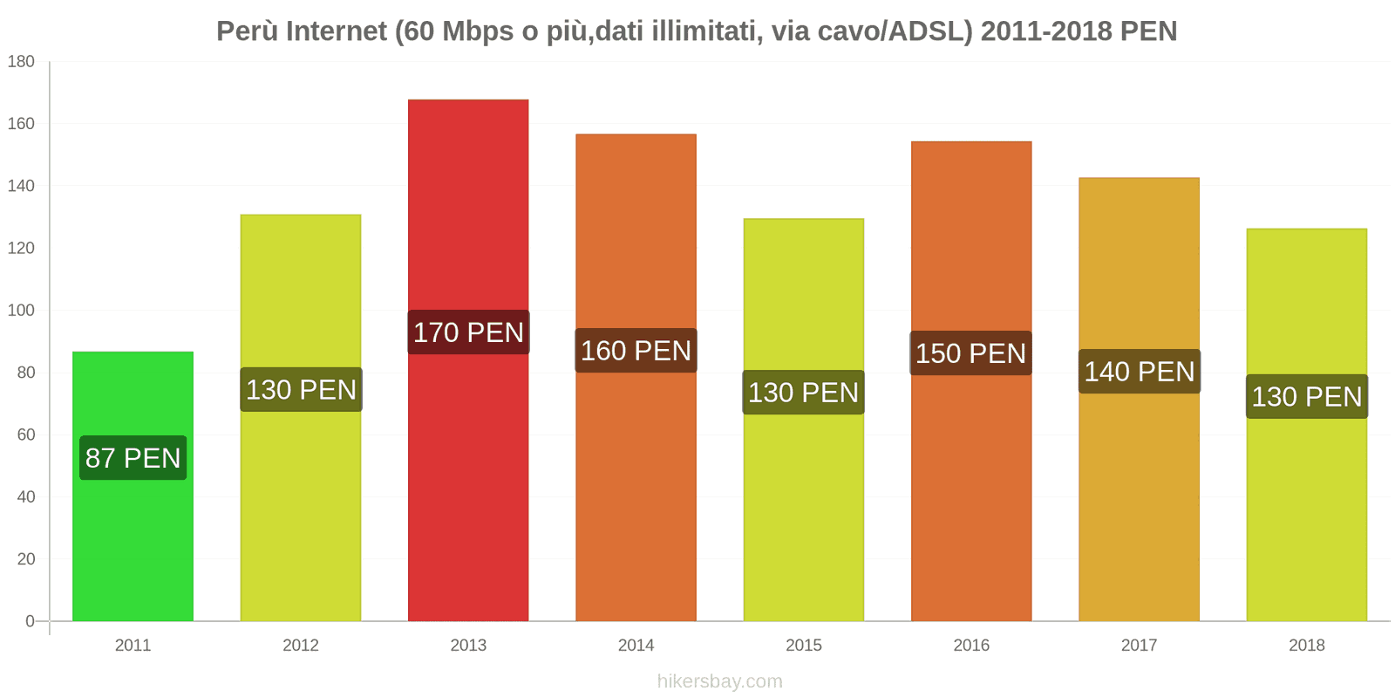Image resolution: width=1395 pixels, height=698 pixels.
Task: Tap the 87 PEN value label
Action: (x=133, y=458)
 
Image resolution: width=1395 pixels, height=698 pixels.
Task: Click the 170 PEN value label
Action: (x=468, y=332)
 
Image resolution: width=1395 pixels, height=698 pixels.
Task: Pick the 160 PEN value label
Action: (x=636, y=351)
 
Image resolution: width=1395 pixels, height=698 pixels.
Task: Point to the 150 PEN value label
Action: (x=970, y=353)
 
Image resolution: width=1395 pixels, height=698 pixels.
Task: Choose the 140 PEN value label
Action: (x=1139, y=372)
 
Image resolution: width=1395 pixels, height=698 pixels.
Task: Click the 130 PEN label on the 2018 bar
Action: (x=1306, y=397)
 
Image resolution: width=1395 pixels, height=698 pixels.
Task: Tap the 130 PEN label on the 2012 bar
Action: (x=301, y=390)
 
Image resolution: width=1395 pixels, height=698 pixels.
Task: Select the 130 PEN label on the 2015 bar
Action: (x=803, y=393)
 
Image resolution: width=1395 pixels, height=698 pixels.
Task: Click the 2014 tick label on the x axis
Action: (x=636, y=646)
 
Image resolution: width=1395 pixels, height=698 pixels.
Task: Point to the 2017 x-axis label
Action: (x=1139, y=646)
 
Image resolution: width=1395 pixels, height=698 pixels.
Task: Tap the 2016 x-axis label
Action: (x=970, y=646)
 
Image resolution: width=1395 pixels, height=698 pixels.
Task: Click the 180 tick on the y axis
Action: (x=21, y=62)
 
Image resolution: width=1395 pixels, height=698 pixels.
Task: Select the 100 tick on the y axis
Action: (x=21, y=311)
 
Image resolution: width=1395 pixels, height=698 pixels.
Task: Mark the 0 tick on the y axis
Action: (x=30, y=621)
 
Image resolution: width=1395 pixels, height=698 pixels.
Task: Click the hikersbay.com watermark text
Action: (x=719, y=681)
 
